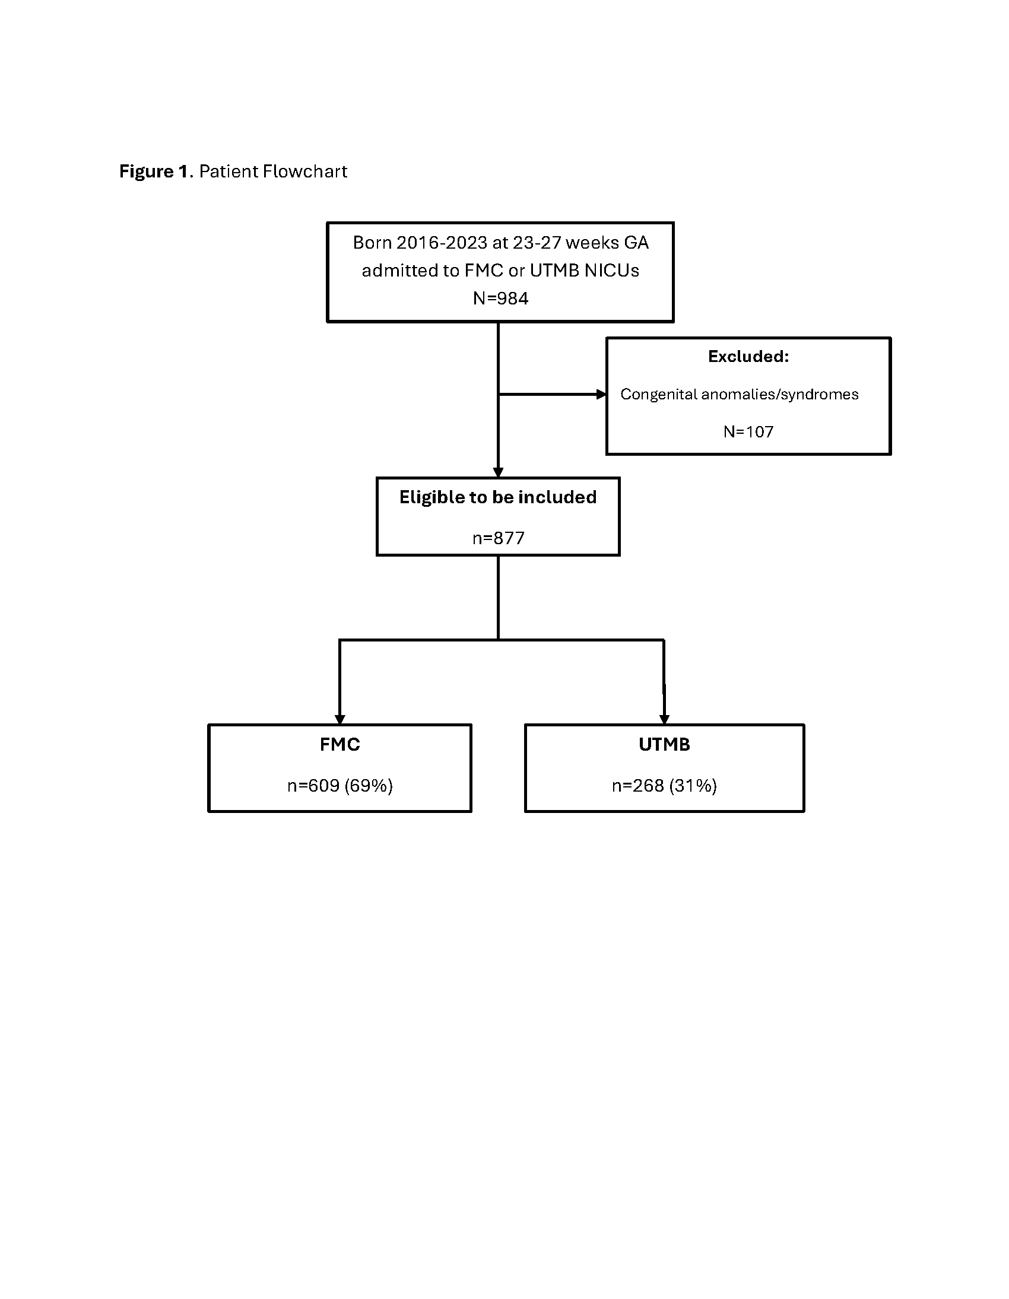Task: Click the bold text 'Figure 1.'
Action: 156,172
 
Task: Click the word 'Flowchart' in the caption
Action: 305,171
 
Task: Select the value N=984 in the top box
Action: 500,298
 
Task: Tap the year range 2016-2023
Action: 442,243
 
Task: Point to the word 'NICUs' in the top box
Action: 611,271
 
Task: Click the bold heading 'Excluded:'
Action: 748,356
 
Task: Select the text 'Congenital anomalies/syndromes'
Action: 740,395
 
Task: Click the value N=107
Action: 748,432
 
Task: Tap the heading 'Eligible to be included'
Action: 498,497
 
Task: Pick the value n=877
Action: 499,538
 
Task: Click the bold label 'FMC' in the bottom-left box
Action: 339,745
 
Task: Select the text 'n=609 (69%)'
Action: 339,786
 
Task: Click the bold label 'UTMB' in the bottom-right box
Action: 665,745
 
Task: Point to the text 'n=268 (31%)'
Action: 665,786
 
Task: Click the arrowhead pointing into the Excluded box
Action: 601,395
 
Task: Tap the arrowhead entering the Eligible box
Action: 499,473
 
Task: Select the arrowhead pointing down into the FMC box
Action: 340,720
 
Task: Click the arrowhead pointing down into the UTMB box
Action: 665,720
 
